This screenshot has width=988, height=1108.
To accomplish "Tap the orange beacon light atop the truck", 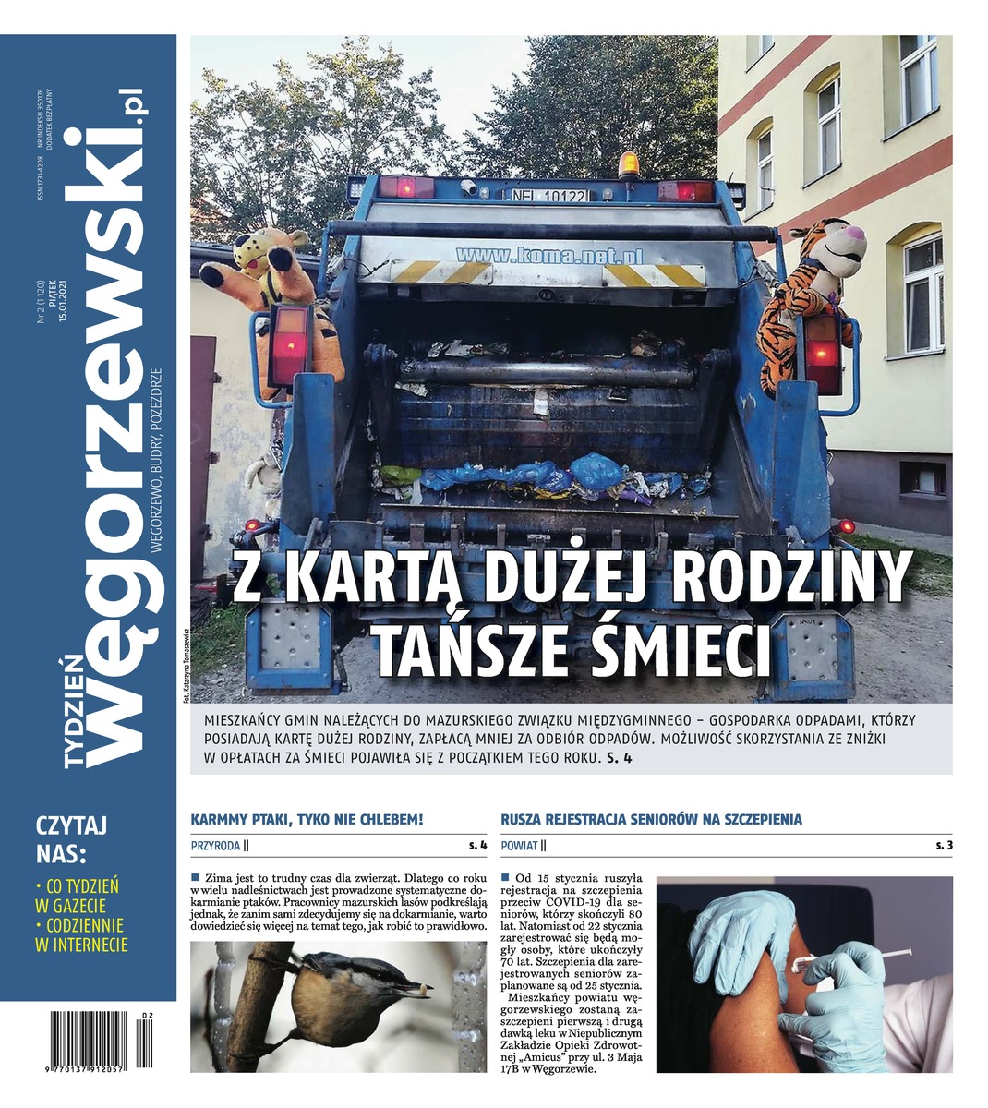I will (x=629, y=163).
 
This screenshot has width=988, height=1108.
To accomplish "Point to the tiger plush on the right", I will (x=808, y=286).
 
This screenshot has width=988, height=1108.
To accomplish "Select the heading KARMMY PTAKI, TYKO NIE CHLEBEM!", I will (x=307, y=819).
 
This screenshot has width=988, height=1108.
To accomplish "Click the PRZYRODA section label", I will (x=216, y=845).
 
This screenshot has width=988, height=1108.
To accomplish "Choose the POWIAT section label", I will (x=520, y=845).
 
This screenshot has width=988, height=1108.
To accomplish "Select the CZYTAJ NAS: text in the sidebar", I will (x=72, y=837).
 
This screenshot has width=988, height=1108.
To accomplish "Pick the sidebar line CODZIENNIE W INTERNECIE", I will (x=81, y=934).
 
